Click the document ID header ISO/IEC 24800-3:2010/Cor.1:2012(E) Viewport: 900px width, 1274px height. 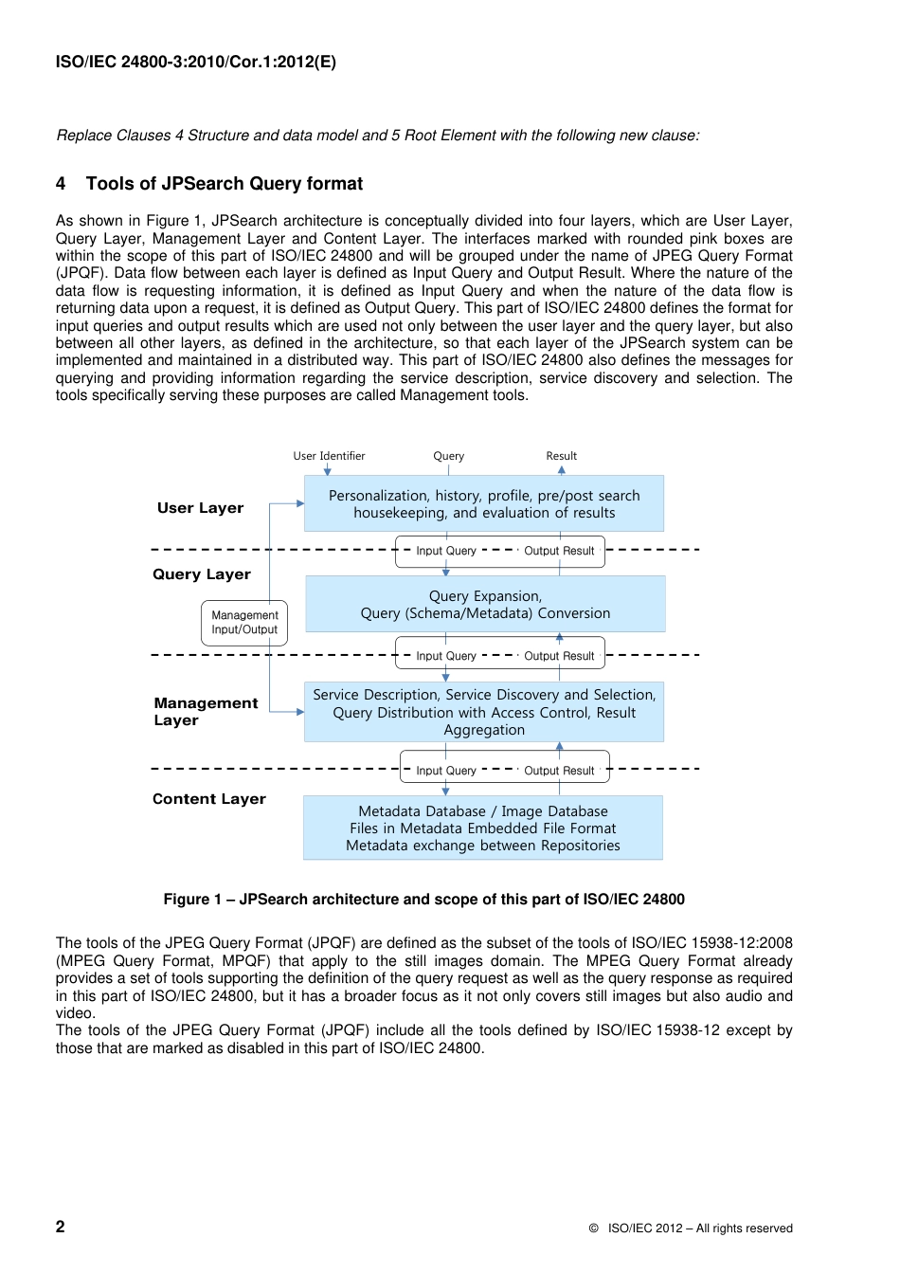pos(195,63)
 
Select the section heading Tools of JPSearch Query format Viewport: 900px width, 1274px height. pos(225,184)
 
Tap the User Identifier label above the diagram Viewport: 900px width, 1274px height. pos(329,456)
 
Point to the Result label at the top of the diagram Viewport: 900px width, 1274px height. pos(561,456)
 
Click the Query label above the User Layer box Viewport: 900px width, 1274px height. pos(448,456)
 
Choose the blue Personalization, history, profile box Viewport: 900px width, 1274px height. pos(483,503)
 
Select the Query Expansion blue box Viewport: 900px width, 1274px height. pos(485,604)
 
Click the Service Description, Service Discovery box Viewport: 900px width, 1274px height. pos(483,712)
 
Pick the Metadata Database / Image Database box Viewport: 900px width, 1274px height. pos(482,828)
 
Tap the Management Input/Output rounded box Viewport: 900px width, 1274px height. pos(244,622)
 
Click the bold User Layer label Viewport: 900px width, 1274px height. pos(200,508)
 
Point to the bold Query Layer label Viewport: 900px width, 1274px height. pos(202,574)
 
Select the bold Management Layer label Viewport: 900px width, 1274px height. pos(206,711)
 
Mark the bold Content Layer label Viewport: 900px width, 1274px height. pos(209,799)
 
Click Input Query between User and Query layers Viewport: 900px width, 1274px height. pos(446,551)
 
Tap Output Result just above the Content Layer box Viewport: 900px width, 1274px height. pos(559,771)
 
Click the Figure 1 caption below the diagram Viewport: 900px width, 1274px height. pos(423,900)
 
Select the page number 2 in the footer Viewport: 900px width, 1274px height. pos(61,1227)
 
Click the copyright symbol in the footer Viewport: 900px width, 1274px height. pos(594,1228)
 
